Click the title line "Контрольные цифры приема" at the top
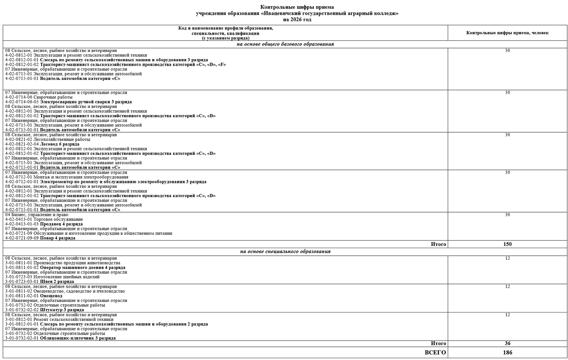pos(297,7)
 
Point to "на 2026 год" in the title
pos(297,20)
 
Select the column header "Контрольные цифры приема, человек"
pos(507,33)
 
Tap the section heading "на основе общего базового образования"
pos(285,44)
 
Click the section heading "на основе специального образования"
pos(285,252)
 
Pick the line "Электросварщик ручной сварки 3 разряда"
pos(86,102)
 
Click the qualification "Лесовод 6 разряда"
pos(59,144)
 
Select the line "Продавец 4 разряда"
pos(61,224)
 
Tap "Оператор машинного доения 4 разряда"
pos(83,268)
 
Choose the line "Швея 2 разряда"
pos(57,281)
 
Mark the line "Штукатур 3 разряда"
pos(62,310)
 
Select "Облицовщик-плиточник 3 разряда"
pos(78,338)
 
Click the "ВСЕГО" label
pos(435,352)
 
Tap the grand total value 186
pos(507,352)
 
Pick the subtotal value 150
pos(507,244)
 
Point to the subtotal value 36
pos(507,344)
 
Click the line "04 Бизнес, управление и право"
pos(37,214)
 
